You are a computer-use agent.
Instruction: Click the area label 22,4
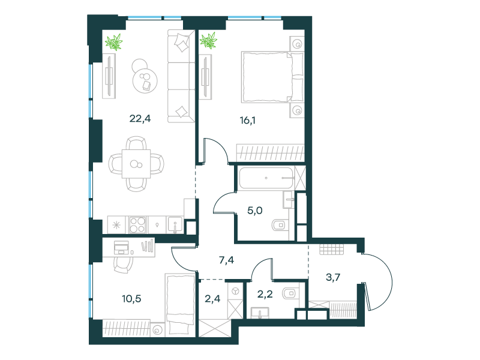pyautogui.click(x=140, y=118)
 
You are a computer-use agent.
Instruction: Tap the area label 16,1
pyautogui.click(x=248, y=121)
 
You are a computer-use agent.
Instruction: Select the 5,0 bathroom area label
pyautogui.click(x=254, y=211)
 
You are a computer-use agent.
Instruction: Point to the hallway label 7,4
pyautogui.click(x=227, y=260)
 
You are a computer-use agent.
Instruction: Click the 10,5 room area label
pyautogui.click(x=131, y=298)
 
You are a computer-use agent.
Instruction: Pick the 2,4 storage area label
pyautogui.click(x=212, y=298)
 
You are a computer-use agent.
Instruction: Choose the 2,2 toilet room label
pyautogui.click(x=265, y=294)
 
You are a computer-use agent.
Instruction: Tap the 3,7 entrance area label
pyautogui.click(x=333, y=277)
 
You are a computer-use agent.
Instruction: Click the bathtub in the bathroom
pyautogui.click(x=266, y=178)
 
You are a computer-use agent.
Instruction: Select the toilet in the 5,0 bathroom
pyautogui.click(x=280, y=226)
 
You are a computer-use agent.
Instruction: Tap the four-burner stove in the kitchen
pyautogui.click(x=137, y=224)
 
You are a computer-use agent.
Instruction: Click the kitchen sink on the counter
pyautogui.click(x=175, y=224)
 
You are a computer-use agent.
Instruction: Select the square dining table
pyautogui.click(x=136, y=164)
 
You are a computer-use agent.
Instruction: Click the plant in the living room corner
pyautogui.click(x=114, y=42)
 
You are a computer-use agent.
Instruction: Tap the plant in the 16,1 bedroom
pyautogui.click(x=208, y=40)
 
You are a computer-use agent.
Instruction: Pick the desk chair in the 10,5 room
pyautogui.click(x=124, y=265)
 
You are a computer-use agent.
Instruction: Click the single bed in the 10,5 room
pyautogui.click(x=181, y=304)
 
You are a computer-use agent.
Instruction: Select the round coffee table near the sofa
pyautogui.click(x=145, y=80)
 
